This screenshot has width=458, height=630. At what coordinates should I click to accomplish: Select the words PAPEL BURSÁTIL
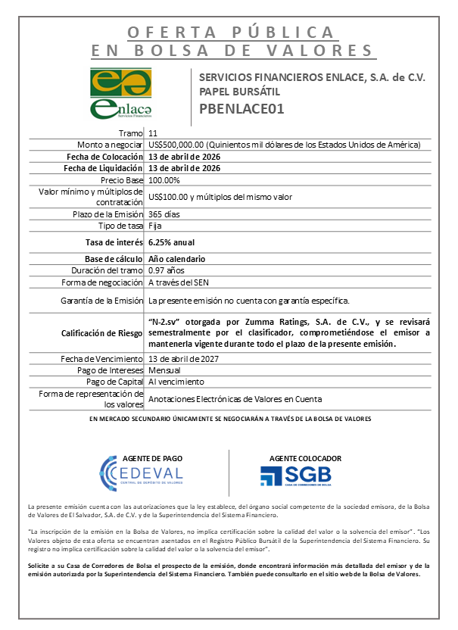tap(234, 92)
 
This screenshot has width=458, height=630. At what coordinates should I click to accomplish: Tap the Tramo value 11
tap(154, 133)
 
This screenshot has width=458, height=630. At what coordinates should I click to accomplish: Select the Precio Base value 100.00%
tap(164, 180)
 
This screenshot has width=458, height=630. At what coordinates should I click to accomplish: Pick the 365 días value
tap(165, 214)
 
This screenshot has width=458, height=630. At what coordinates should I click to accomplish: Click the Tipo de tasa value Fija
tap(155, 226)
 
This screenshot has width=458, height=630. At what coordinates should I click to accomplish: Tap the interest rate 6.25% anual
tap(172, 242)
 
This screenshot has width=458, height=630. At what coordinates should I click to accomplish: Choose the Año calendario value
tap(176, 259)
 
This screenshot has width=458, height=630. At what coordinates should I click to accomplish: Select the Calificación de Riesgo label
tap(101, 332)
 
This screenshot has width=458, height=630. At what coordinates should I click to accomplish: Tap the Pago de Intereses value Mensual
tap(164, 370)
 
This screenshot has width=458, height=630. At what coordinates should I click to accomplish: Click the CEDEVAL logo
tap(141, 475)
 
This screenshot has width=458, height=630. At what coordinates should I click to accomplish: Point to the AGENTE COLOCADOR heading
tap(305, 458)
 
